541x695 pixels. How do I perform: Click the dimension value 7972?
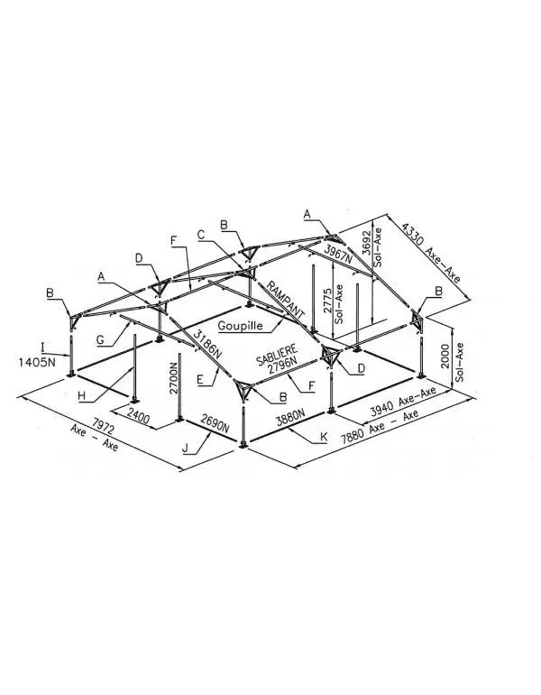103,425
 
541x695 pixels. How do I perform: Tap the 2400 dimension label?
139,416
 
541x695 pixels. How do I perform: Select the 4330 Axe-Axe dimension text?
431,252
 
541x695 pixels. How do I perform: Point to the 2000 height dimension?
445,356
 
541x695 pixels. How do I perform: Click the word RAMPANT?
286,300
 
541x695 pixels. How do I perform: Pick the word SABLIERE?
277,354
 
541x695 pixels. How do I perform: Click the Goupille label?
241,326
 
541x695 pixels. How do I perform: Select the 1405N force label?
37,362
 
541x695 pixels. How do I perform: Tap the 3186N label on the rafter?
207,344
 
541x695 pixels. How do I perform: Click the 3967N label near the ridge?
338,253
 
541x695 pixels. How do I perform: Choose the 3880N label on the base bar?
290,417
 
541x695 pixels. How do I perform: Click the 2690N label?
215,423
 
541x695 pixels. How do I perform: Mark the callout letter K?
324,437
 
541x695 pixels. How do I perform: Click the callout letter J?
185,448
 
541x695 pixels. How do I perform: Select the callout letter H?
82,396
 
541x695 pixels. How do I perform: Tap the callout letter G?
100,340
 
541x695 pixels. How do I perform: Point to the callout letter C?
201,235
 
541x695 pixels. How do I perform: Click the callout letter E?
200,379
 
